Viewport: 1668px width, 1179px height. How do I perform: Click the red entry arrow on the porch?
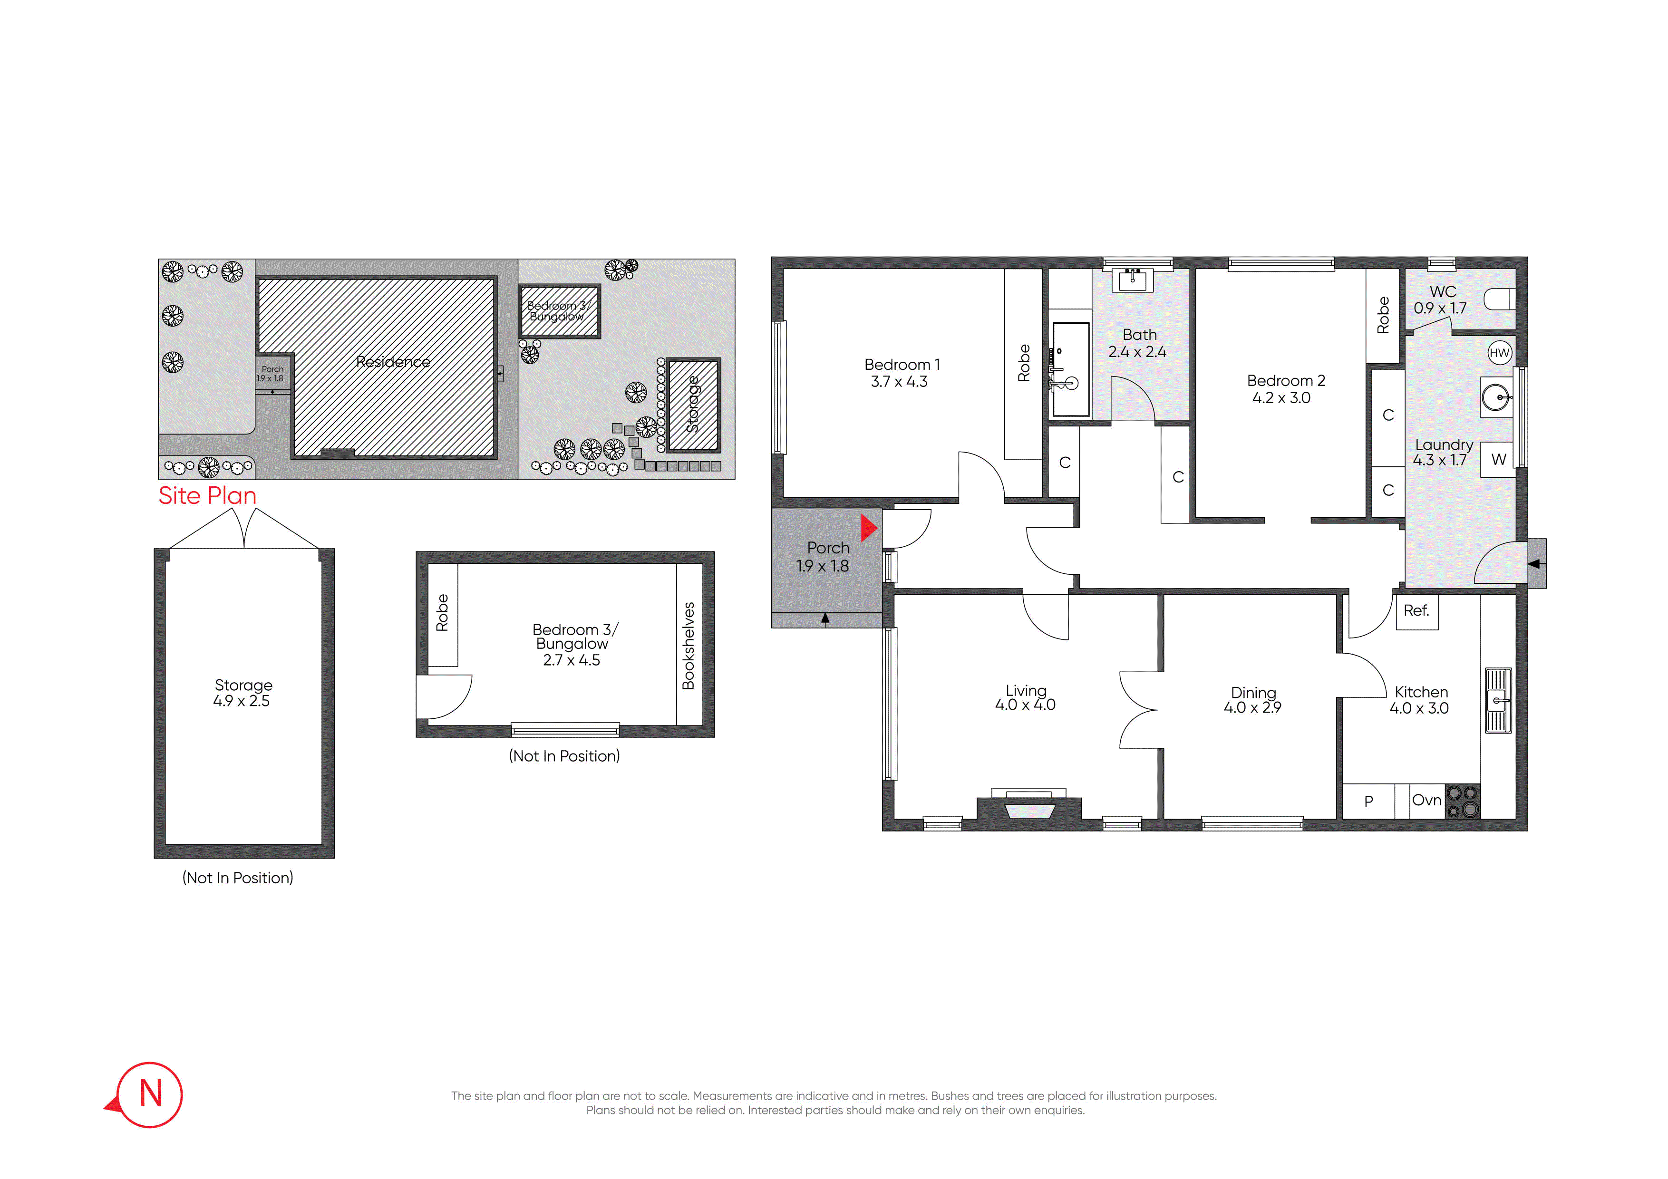point(869,528)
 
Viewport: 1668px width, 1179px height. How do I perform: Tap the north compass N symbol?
point(150,1094)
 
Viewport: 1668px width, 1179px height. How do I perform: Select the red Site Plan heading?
point(208,495)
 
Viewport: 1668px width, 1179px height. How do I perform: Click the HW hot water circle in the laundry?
point(1500,353)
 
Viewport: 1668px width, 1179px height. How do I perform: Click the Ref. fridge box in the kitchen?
point(1416,611)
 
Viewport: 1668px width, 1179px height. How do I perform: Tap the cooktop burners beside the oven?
point(1463,801)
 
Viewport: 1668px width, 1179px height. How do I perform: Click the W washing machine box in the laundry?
point(1498,459)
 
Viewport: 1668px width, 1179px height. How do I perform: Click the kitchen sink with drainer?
point(1498,700)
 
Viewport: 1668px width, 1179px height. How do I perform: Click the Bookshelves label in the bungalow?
point(689,646)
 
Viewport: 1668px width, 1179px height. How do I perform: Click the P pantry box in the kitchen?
point(1369,801)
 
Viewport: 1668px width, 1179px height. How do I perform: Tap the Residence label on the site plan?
point(393,362)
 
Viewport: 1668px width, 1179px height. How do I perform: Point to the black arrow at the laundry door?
point(1534,564)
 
